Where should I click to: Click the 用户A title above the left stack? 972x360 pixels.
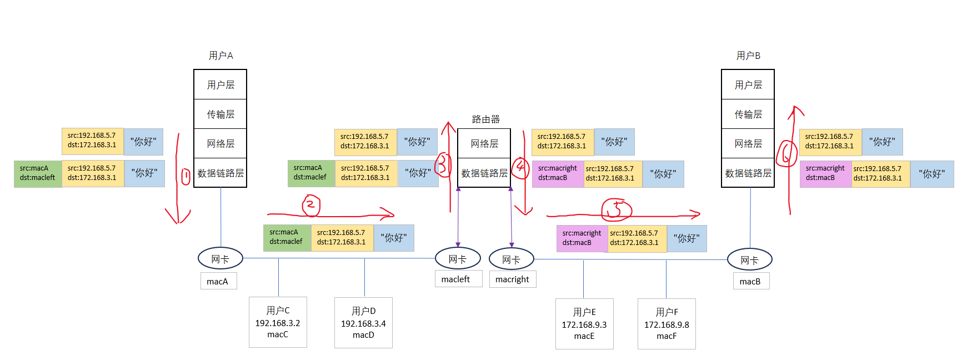pyautogui.click(x=221, y=56)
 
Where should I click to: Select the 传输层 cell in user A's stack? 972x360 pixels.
pyautogui.click(x=221, y=114)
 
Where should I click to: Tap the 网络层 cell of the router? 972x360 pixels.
pyautogui.click(x=484, y=143)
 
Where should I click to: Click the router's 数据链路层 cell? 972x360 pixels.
pyautogui.click(x=484, y=173)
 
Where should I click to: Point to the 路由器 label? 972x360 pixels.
pyautogui.click(x=485, y=119)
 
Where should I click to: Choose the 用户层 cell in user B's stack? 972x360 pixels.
pyautogui.click(x=748, y=84)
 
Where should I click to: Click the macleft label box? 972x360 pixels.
pyautogui.click(x=455, y=279)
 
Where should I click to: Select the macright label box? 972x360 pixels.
pyautogui.click(x=512, y=279)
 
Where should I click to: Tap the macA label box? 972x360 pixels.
pyautogui.click(x=218, y=281)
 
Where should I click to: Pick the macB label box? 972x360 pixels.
pyautogui.click(x=750, y=281)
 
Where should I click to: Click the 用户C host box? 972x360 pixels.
pyautogui.click(x=278, y=322)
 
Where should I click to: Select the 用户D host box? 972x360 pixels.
pyautogui.click(x=363, y=323)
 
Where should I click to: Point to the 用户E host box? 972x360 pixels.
pyautogui.click(x=584, y=324)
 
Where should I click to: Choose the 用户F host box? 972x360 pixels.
pyautogui.click(x=667, y=324)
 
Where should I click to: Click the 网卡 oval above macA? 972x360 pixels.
pyautogui.click(x=221, y=259)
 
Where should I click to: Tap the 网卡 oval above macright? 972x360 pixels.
pyautogui.click(x=511, y=259)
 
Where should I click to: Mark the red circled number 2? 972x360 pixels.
pyautogui.click(x=311, y=205)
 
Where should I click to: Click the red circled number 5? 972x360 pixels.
pyautogui.click(x=617, y=209)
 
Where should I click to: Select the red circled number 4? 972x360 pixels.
pyautogui.click(x=520, y=167)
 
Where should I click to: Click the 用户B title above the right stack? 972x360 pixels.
pyautogui.click(x=748, y=56)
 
